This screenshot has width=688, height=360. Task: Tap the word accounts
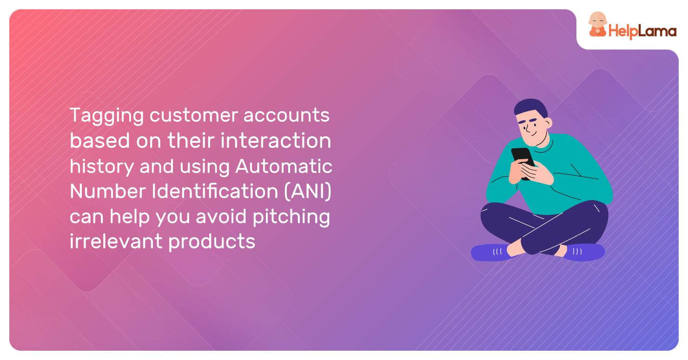click(286, 116)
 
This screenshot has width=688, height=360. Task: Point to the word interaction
click(276, 140)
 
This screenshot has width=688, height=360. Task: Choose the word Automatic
click(284, 167)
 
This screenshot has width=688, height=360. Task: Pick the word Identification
click(215, 191)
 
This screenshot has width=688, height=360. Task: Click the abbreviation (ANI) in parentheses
click(308, 192)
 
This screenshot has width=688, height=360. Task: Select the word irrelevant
click(116, 241)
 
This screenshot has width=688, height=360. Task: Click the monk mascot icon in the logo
click(597, 25)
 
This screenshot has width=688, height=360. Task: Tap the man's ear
click(548, 123)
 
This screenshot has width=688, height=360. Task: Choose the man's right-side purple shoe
click(585, 252)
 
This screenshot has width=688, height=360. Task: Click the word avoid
click(221, 216)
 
